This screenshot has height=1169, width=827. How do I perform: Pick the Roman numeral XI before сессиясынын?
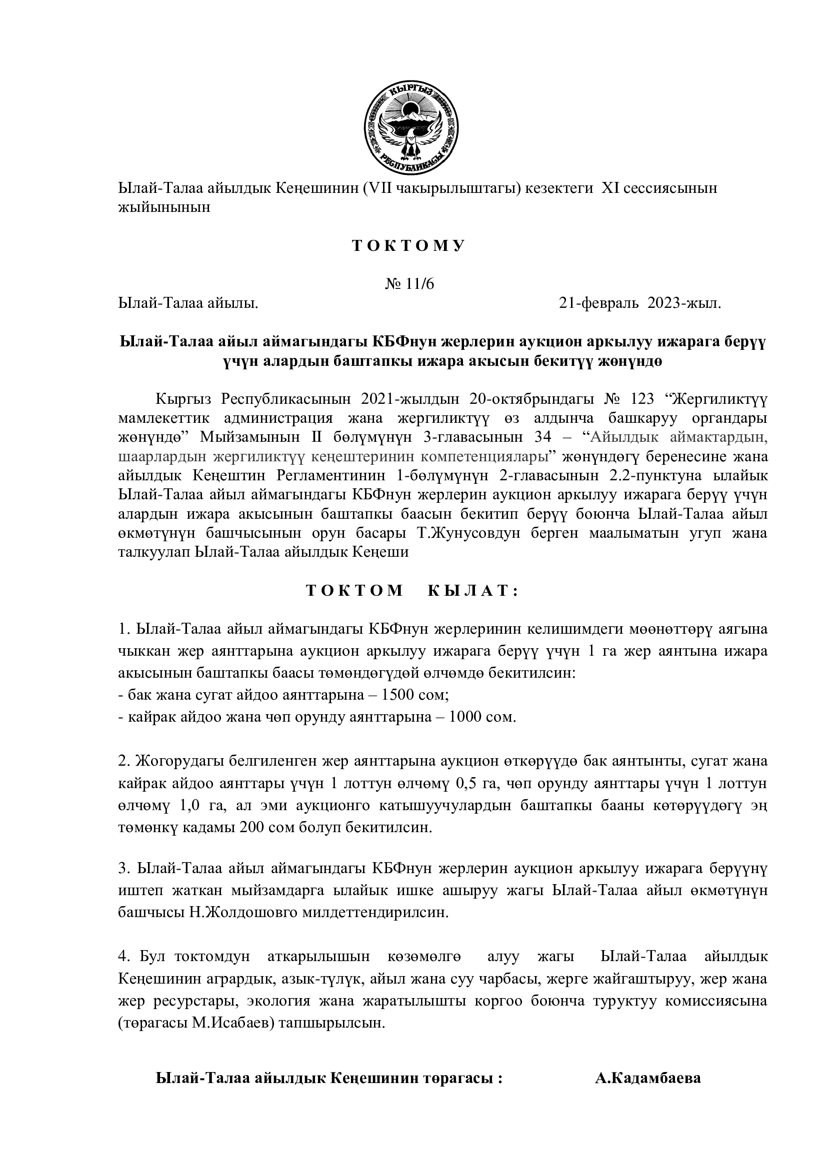[x=610, y=188]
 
